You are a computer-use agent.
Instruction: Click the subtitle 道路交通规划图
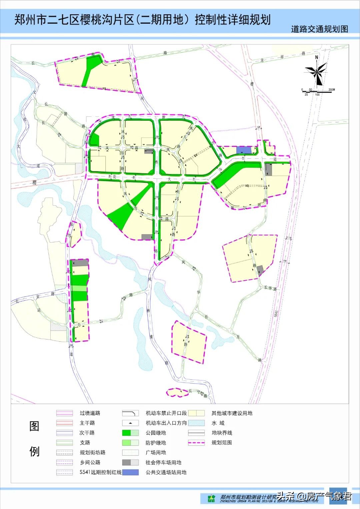(319, 29)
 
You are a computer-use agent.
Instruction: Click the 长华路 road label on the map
(270, 288)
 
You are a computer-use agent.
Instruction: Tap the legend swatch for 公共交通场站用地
(130, 472)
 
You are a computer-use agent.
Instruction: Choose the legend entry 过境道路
(90, 413)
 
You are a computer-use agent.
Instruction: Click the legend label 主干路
(87, 423)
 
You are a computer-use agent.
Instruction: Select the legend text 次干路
(87, 433)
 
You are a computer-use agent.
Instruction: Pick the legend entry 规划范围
(222, 443)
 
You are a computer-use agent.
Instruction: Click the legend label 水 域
(218, 423)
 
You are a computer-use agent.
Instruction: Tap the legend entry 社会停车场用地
(163, 462)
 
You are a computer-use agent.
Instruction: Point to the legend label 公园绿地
(156, 433)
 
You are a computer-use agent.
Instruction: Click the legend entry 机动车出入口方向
(166, 423)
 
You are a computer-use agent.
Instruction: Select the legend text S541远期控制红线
(100, 472)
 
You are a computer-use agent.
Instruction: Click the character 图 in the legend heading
(34, 426)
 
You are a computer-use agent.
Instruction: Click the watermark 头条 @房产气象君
(314, 496)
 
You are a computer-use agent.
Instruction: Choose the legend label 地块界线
(222, 433)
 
